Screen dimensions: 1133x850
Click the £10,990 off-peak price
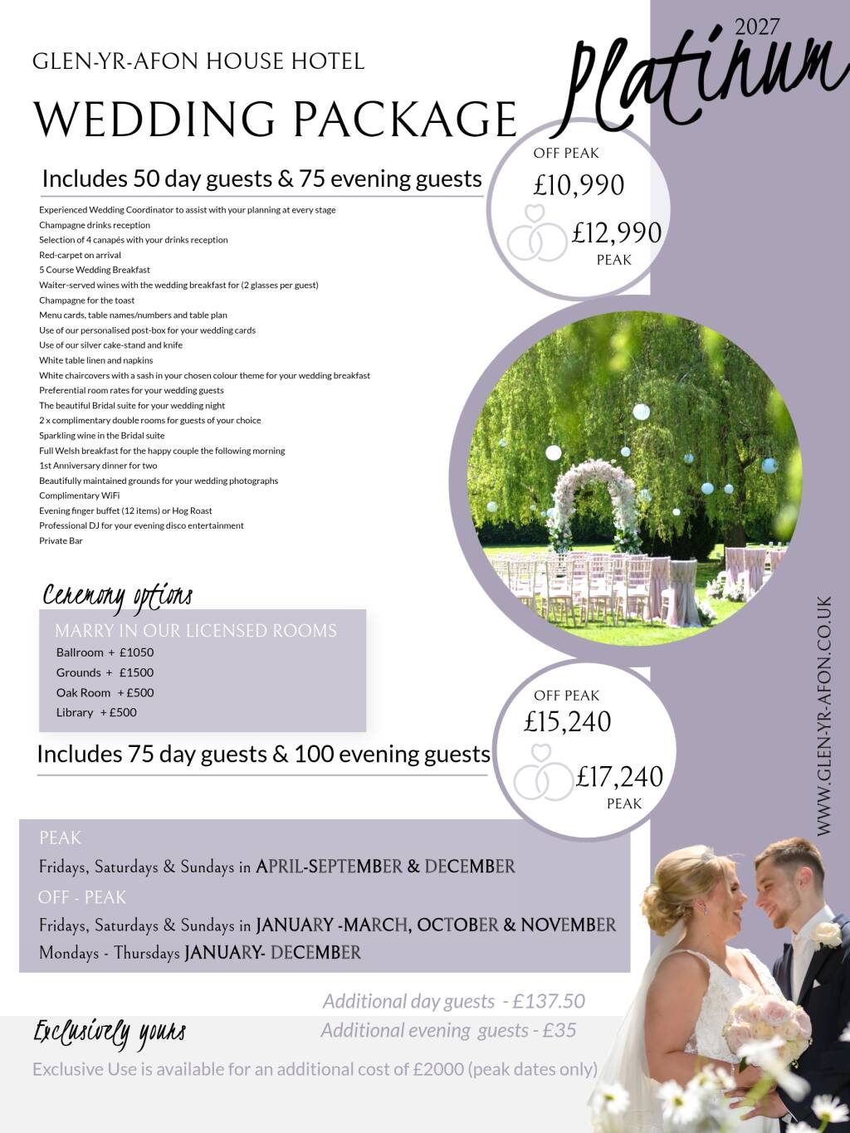(579, 185)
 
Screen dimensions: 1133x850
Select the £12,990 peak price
(616, 233)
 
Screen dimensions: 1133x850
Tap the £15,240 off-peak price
(567, 722)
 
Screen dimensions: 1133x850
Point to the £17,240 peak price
(619, 777)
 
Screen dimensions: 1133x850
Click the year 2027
(757, 27)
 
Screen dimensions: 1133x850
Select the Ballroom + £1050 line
(105, 652)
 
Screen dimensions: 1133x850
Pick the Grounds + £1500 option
(105, 672)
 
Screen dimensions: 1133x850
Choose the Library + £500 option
(96, 712)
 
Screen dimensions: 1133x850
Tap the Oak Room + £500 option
(105, 692)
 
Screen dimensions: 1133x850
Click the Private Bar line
(61, 540)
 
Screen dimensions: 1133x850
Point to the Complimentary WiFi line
(79, 496)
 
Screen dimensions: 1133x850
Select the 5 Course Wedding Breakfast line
(95, 270)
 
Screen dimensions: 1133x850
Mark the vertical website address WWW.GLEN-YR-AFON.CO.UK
(823, 715)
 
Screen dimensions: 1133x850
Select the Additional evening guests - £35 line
(448, 1030)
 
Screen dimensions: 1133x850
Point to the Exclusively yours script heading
(109, 1033)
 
